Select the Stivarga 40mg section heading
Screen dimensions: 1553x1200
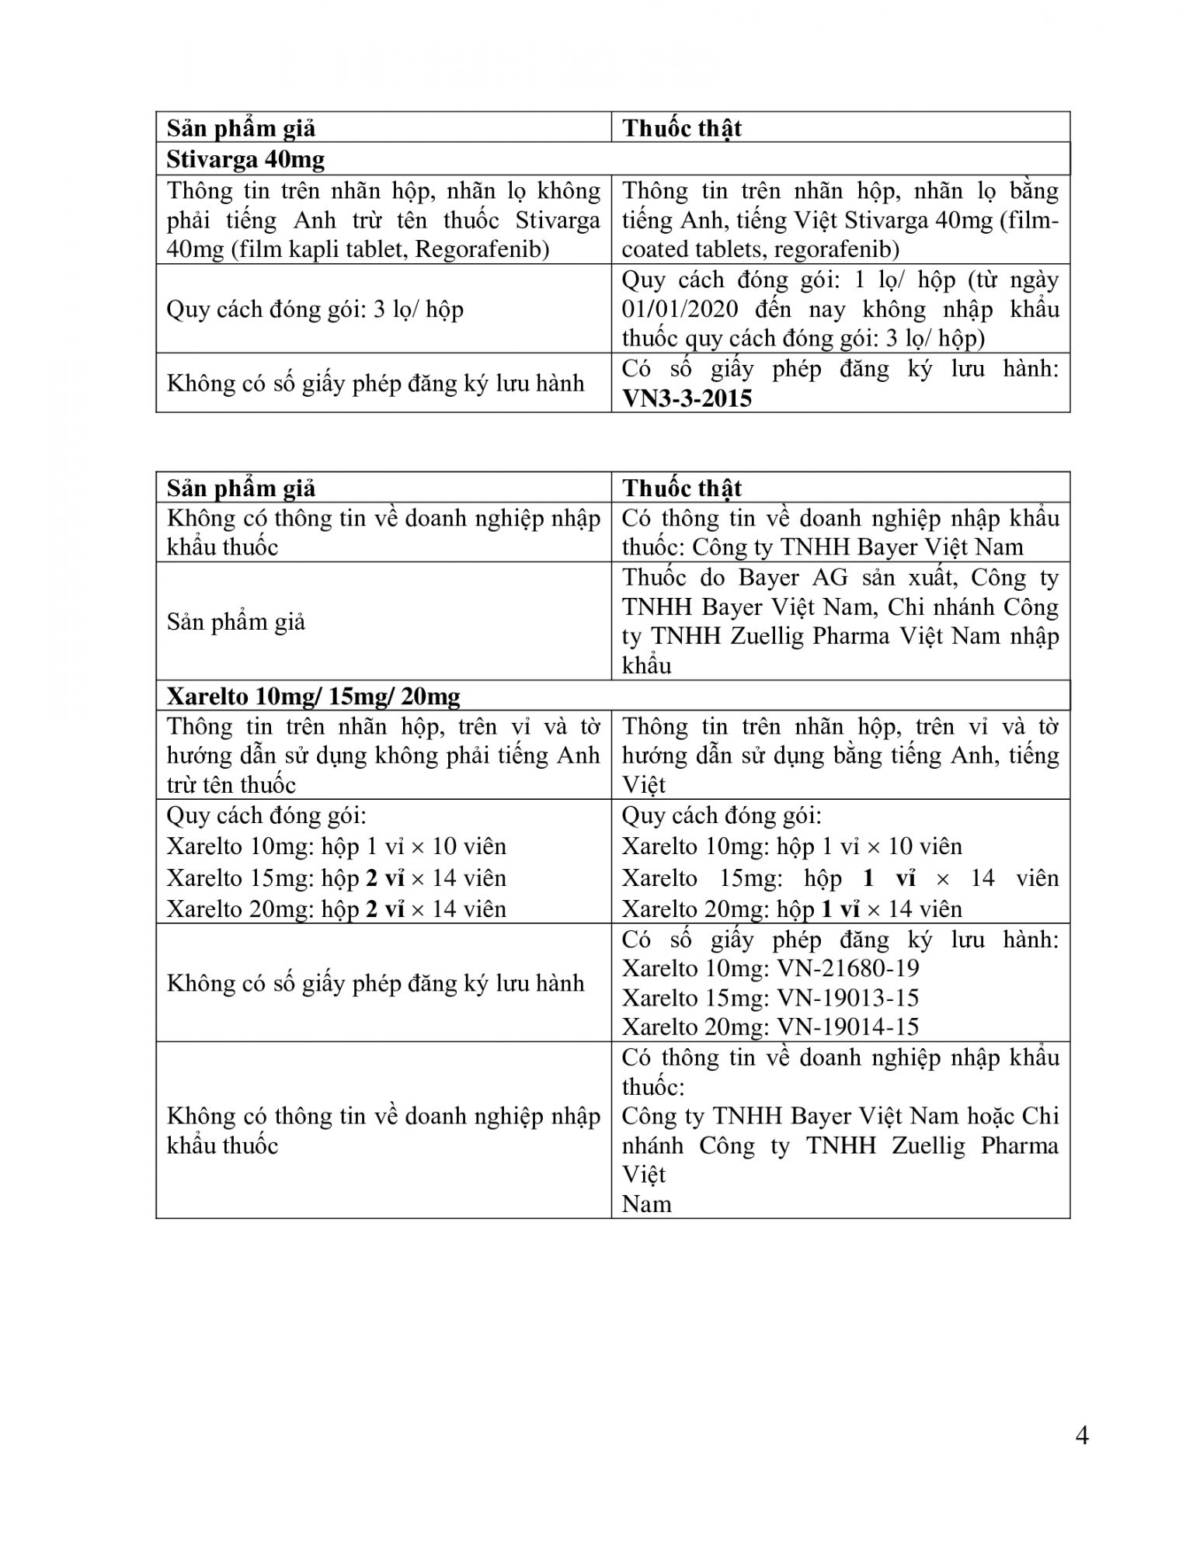click(x=245, y=159)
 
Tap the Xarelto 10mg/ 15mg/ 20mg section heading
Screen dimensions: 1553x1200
click(x=313, y=695)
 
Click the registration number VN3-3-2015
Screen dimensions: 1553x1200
click(x=687, y=398)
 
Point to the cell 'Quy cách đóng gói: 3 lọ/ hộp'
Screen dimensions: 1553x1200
click(x=315, y=309)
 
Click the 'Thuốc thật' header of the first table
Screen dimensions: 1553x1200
click(x=681, y=128)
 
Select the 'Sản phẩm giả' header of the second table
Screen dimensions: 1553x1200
click(x=241, y=488)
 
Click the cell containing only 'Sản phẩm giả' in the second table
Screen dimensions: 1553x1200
click(x=236, y=622)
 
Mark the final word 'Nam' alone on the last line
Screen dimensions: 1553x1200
click(x=646, y=1204)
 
